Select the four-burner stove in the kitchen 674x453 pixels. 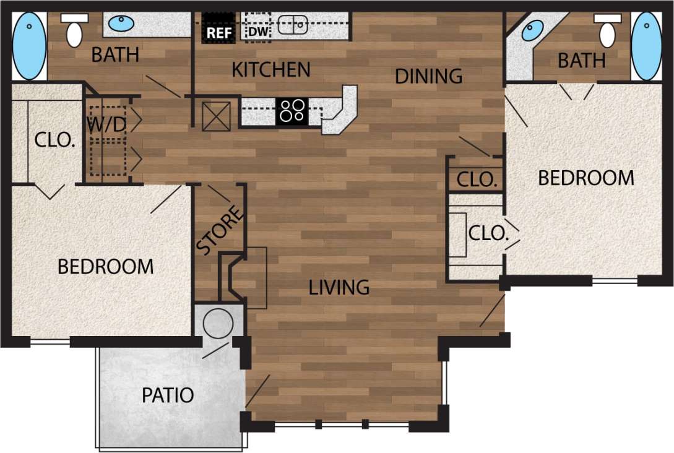click(292, 111)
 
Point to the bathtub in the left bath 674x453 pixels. click(29, 47)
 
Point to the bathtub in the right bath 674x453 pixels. click(646, 47)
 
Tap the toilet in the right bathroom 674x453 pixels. click(607, 31)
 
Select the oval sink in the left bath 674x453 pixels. click(121, 24)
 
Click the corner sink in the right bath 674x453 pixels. click(533, 30)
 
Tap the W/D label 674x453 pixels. click(106, 124)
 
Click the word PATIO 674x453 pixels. click(168, 395)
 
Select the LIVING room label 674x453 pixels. click(339, 287)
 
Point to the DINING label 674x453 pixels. click(429, 76)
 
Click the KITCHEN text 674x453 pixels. click(271, 70)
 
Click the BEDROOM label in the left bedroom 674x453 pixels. click(105, 267)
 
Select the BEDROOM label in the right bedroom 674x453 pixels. click(585, 178)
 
